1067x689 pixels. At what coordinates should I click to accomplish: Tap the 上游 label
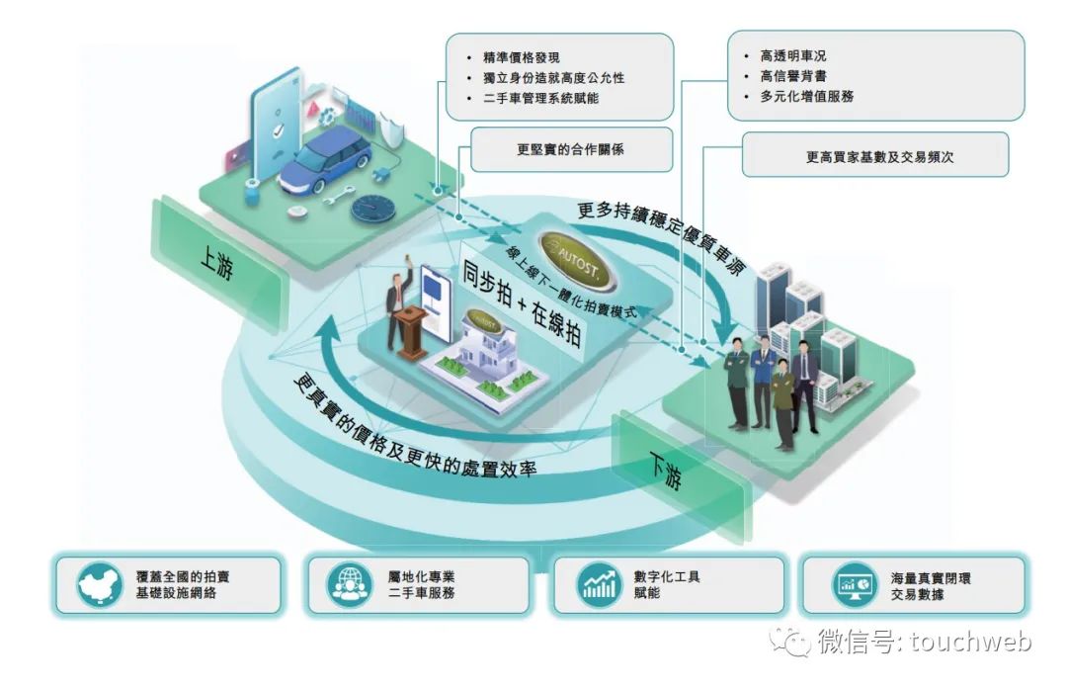coord(216,265)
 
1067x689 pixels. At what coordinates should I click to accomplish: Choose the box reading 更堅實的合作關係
coord(570,151)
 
